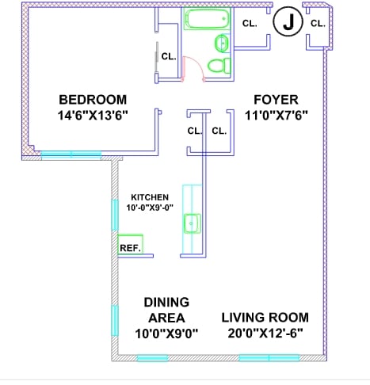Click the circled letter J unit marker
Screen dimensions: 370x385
click(288, 21)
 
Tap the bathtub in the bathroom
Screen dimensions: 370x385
click(207, 18)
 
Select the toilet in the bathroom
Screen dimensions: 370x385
click(219, 66)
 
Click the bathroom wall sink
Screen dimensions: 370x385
click(223, 43)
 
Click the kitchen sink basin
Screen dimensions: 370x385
click(192, 223)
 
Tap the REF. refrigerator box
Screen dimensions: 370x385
click(130, 245)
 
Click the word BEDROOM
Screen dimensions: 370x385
click(93, 100)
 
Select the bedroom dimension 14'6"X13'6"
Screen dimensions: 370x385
click(93, 116)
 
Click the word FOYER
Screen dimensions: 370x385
click(276, 100)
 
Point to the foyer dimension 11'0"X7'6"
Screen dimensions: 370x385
click(277, 116)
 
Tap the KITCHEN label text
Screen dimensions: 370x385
click(150, 197)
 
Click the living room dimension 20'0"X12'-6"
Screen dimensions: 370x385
click(265, 334)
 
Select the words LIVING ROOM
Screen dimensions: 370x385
click(265, 318)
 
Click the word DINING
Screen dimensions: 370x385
click(166, 302)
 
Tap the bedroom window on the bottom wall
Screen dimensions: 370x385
click(71, 154)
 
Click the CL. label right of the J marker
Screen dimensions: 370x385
click(318, 24)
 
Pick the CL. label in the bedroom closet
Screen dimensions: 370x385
click(169, 56)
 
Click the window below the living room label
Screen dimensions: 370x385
click(269, 358)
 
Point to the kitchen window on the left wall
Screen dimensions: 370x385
click(115, 215)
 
